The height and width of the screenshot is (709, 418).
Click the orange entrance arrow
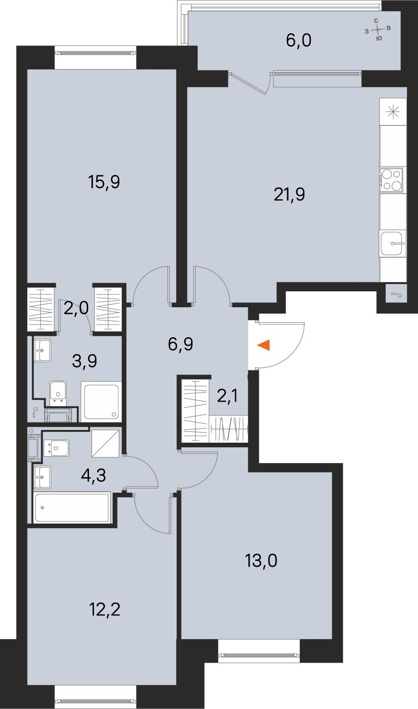(x=264, y=345)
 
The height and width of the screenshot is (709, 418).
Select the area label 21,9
(x=289, y=195)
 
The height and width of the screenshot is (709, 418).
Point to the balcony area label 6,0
(x=299, y=41)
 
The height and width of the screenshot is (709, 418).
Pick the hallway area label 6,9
(x=180, y=344)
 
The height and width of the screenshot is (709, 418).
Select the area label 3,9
(x=84, y=361)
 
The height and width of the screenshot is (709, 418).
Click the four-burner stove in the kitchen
(x=391, y=180)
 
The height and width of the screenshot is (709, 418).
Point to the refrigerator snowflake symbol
(x=392, y=112)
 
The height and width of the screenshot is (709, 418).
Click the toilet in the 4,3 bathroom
(x=56, y=448)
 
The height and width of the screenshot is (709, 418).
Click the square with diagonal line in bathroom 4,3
(x=106, y=443)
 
